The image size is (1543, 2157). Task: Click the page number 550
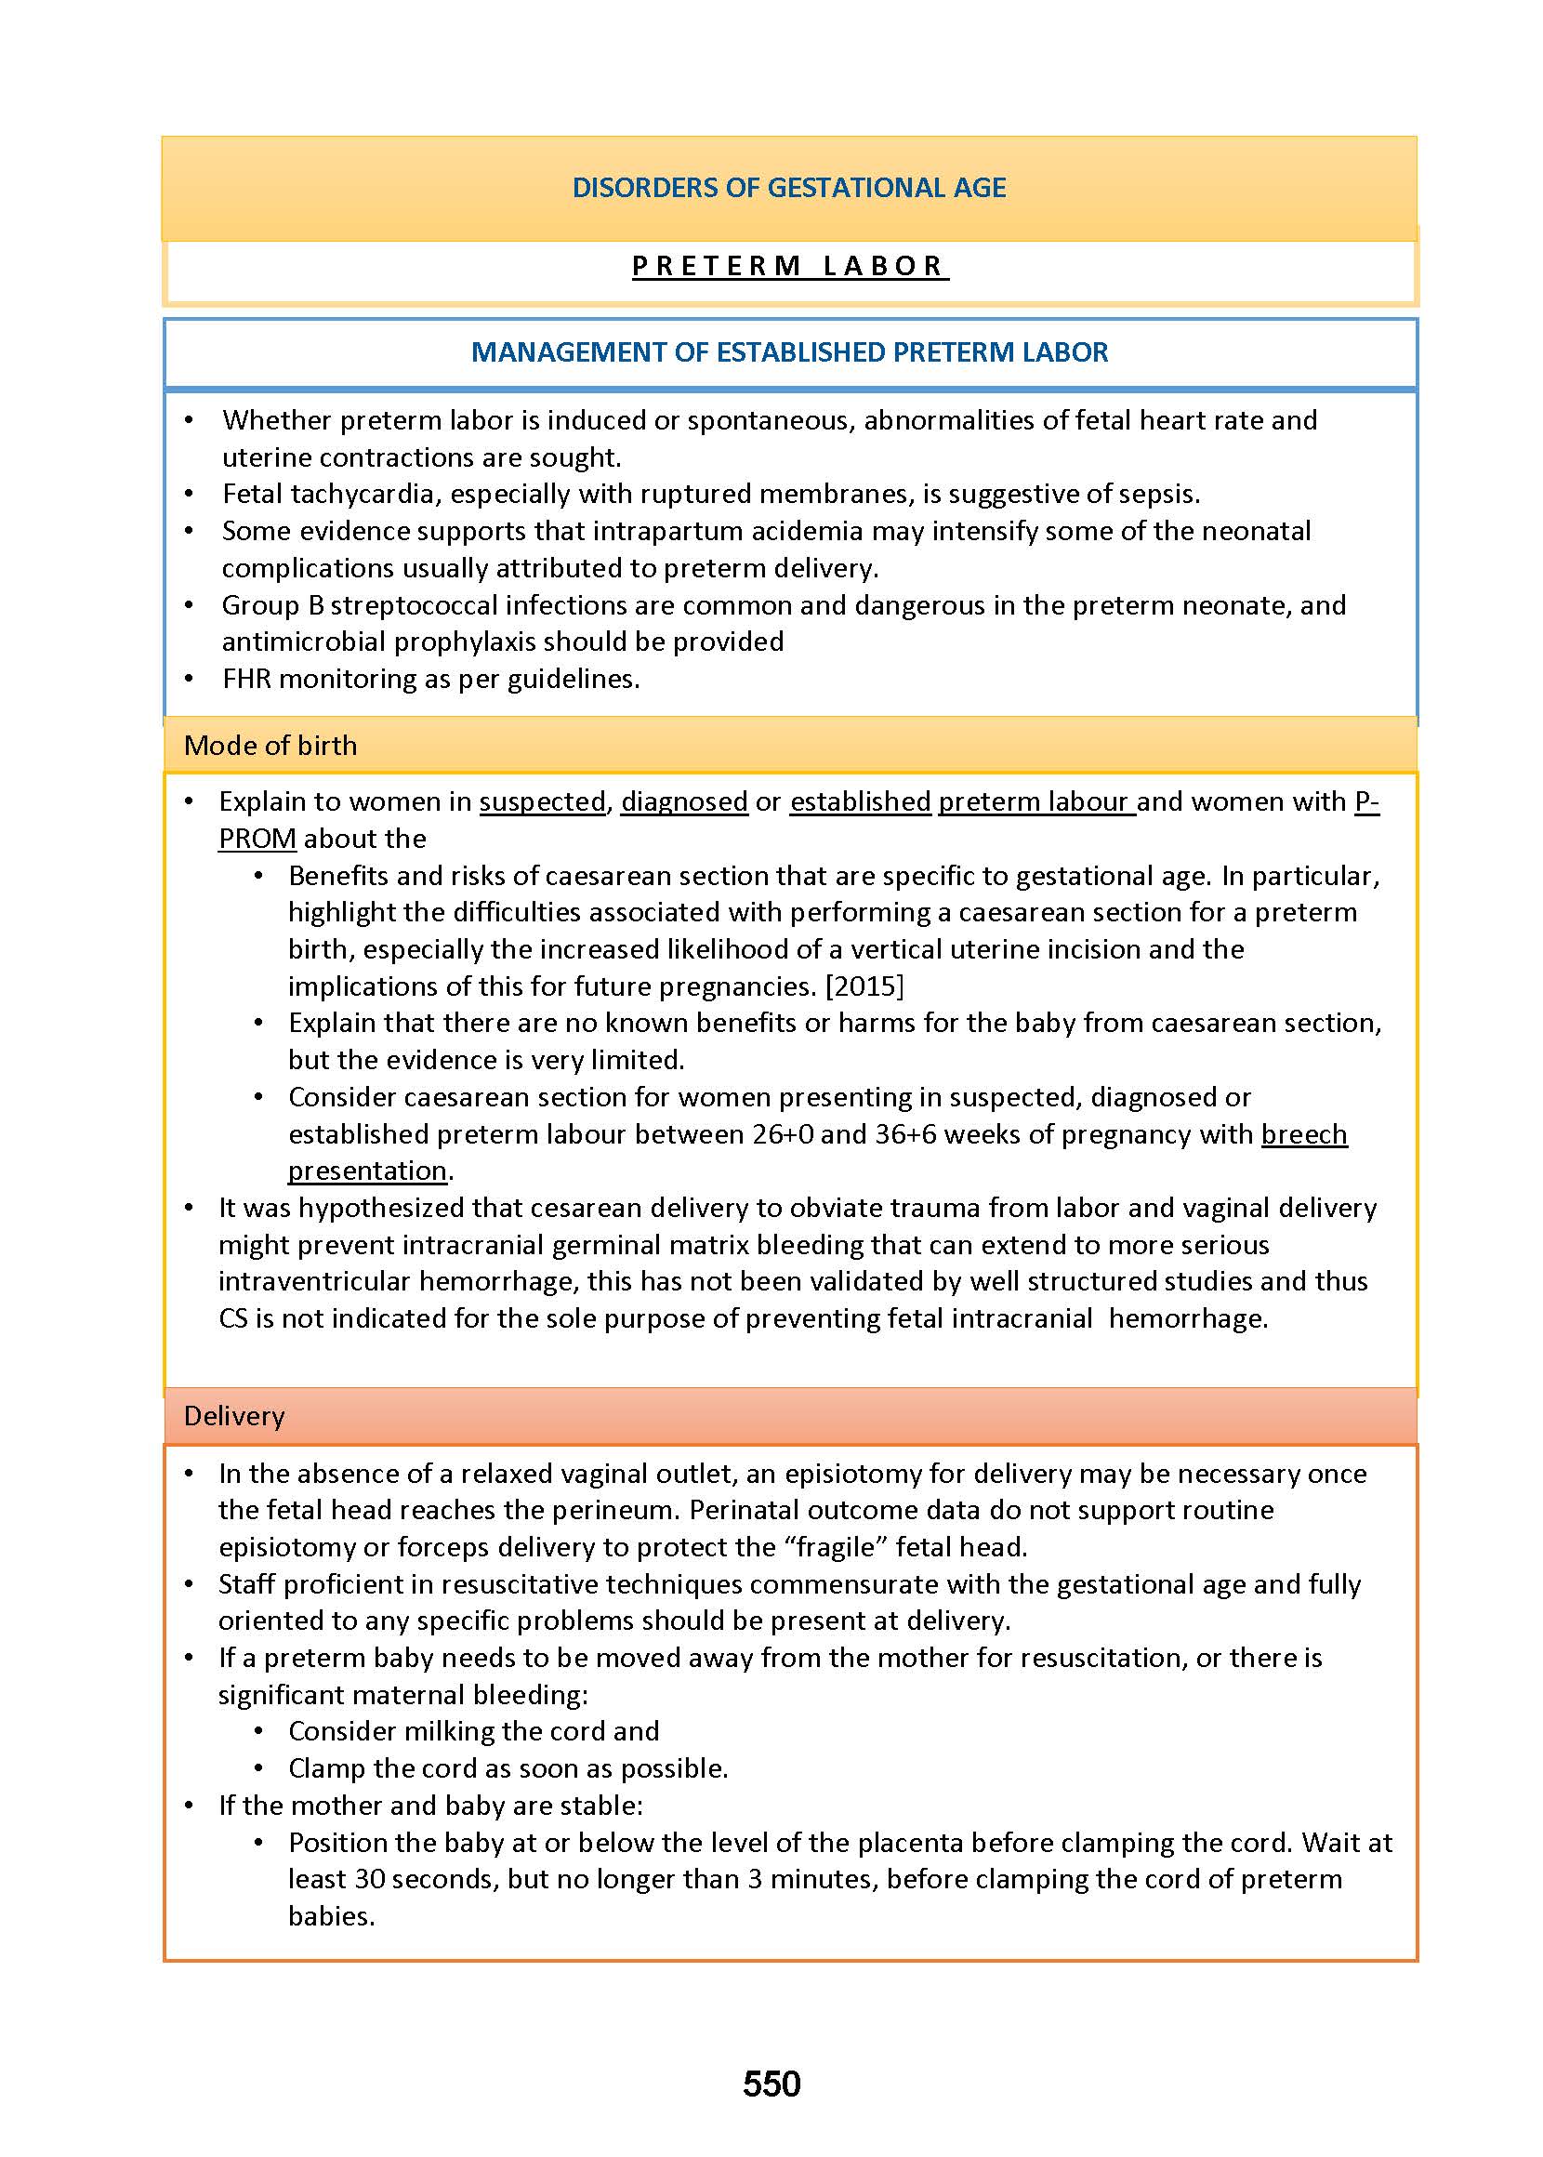coord(771,2084)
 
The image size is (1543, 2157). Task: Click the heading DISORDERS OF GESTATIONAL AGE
coord(788,187)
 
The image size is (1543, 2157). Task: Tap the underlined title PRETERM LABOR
coord(788,266)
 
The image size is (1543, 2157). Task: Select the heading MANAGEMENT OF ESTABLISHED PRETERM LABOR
coord(788,352)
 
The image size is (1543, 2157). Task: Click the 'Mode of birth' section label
coord(270,746)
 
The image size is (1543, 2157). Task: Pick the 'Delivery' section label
coord(233,1417)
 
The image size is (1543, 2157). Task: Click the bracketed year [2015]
coord(864,986)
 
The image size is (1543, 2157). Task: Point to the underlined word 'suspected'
coord(543,802)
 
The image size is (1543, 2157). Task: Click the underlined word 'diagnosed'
coord(684,802)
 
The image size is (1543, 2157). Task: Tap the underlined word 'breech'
coord(1303,1134)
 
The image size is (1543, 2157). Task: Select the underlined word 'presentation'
coord(367,1171)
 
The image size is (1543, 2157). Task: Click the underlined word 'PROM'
coord(257,839)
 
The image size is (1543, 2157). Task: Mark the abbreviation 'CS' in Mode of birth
coord(232,1319)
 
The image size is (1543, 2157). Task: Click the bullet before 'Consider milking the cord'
coord(258,1731)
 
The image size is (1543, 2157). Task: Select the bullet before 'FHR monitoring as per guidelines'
coord(189,680)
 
